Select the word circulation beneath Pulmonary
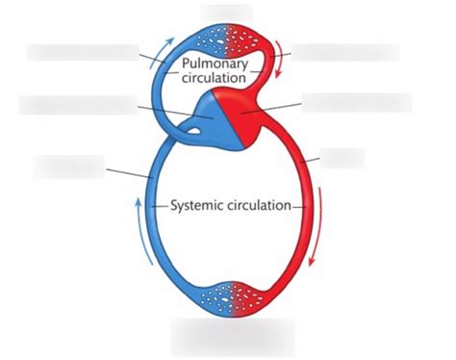tap(215, 79)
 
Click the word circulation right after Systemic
tap(262, 205)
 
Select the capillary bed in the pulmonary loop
tap(228, 39)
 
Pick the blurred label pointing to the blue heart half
tap(77, 105)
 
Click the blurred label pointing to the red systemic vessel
tap(342, 157)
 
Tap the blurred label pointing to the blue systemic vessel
tap(68, 166)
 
